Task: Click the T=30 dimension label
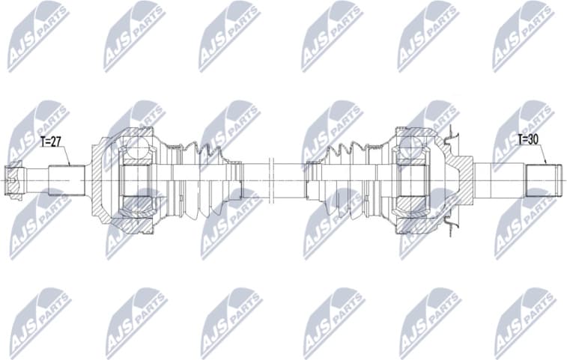pyautogui.click(x=530, y=138)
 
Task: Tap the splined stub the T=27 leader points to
pyautogui.click(x=61, y=180)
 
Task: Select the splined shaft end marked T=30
pyautogui.click(x=544, y=180)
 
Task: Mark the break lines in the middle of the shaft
pyautogui.click(x=273, y=180)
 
